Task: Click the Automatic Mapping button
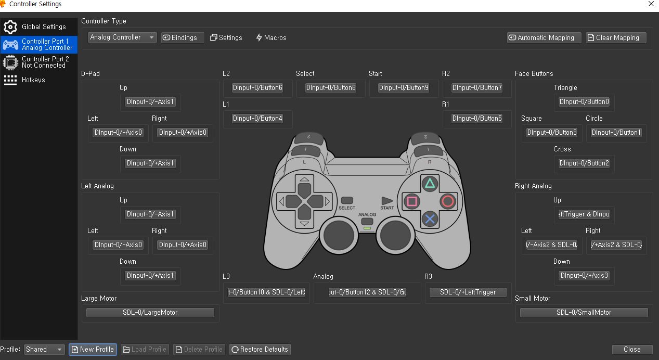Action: [544, 37]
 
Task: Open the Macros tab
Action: [271, 37]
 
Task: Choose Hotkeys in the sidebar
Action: [33, 80]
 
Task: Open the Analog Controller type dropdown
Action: [122, 37]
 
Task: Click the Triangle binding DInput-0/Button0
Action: [584, 102]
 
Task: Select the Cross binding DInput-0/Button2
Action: [584, 163]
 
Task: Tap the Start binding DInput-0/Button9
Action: [404, 88]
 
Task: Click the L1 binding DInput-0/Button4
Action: [257, 119]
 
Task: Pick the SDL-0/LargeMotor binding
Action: [150, 313]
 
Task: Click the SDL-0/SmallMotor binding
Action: [584, 313]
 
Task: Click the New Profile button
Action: [93, 350]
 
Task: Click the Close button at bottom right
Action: [632, 350]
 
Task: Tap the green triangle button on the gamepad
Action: [430, 183]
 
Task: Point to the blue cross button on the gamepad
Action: [430, 219]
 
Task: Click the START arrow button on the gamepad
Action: [387, 200]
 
